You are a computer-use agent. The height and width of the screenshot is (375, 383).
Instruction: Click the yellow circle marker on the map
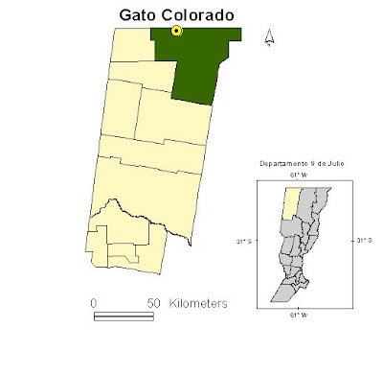(176, 31)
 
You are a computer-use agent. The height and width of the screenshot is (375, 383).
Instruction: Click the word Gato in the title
(142, 14)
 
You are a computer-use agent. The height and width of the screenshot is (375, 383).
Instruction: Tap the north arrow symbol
(270, 37)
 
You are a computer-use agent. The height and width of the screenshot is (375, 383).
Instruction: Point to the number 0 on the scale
(95, 303)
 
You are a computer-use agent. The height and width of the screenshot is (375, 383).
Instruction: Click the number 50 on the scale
(152, 303)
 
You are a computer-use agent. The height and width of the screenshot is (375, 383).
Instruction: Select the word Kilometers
(198, 303)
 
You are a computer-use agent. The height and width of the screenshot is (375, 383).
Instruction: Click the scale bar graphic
(124, 314)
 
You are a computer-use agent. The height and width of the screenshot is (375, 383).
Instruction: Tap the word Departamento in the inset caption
(281, 164)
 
